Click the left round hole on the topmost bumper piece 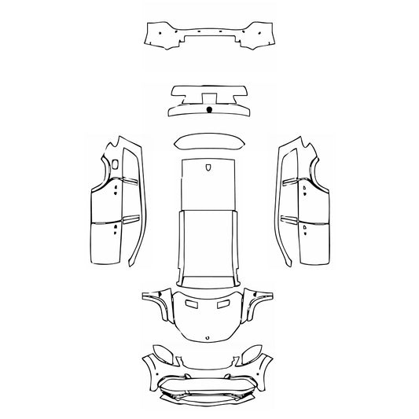(x=157, y=35)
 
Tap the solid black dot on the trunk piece (x=209, y=110)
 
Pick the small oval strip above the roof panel (x=208, y=142)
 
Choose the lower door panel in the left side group (x=107, y=242)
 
